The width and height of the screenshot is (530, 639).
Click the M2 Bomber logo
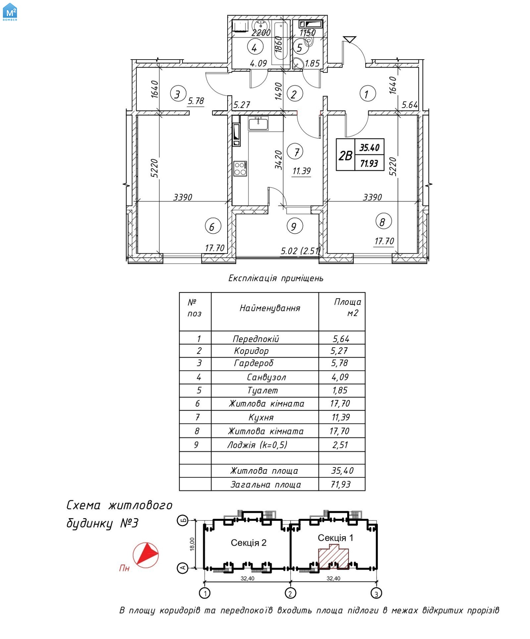click(10, 12)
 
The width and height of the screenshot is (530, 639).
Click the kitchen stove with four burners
click(240, 169)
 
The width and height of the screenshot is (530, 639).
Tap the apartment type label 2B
click(345, 155)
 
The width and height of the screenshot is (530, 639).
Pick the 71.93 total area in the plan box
click(369, 163)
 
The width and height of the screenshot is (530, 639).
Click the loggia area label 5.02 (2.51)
click(300, 251)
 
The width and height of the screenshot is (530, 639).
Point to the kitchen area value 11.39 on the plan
click(301, 171)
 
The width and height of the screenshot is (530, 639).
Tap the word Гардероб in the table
click(253, 363)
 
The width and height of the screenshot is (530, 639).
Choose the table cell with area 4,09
click(340, 377)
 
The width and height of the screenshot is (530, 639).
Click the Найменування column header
click(270, 308)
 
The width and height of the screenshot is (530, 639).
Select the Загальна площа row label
click(265, 484)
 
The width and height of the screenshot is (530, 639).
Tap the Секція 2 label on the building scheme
click(248, 543)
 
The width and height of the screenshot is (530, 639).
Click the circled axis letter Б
click(183, 520)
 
